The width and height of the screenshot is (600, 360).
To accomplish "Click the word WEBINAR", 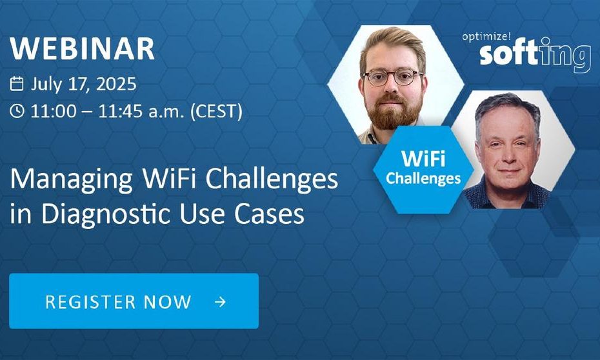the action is tap(82, 48).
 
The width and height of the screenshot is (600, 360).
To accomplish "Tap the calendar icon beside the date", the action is tap(17, 83).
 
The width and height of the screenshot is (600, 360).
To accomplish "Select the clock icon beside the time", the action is tap(17, 111).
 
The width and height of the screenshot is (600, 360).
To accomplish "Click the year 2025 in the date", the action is tap(116, 83).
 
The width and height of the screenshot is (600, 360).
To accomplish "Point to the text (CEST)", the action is tap(216, 112).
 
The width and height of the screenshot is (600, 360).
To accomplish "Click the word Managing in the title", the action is tap(72, 179).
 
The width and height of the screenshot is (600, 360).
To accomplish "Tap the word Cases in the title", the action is tap(270, 214).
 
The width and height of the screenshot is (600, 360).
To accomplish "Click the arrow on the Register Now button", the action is tap(220, 302).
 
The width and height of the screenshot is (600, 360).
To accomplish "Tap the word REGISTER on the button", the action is tap(91, 302).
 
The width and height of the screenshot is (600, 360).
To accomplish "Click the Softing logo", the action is tap(535, 55).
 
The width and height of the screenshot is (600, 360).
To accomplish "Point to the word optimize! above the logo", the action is tap(486, 37).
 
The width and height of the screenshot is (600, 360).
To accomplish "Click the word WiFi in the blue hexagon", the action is tap(423, 158).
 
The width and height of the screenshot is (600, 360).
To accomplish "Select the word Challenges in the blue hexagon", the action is tap(423, 178).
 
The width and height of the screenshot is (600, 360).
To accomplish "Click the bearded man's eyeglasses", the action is tap(393, 77).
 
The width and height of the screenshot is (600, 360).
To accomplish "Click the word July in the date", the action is tap(46, 84).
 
